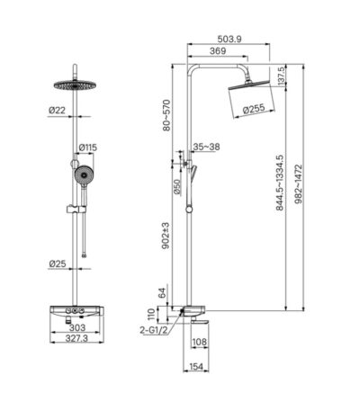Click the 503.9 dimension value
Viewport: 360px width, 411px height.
click(229, 39)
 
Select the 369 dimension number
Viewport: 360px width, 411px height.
click(218, 51)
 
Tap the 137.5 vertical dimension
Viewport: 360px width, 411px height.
click(283, 76)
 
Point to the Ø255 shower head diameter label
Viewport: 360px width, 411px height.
click(254, 109)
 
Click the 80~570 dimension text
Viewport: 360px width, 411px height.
click(166, 115)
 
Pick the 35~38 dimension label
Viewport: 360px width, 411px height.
click(206, 147)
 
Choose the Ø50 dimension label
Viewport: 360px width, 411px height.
click(177, 187)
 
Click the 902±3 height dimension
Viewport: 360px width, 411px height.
click(166, 236)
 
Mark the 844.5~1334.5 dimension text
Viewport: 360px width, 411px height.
click(280, 183)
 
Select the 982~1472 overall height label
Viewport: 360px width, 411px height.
click(299, 183)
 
